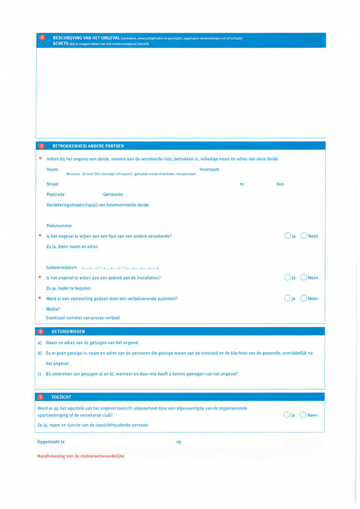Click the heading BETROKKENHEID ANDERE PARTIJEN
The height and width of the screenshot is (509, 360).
tap(88, 146)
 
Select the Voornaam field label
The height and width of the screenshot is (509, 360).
tap(209, 169)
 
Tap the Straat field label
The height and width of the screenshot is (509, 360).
tap(53, 184)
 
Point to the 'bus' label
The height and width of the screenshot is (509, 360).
tap(280, 184)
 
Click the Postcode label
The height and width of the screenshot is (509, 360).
tap(55, 194)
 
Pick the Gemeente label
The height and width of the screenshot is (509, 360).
tap(113, 194)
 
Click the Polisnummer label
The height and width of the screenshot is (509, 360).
tap(59, 225)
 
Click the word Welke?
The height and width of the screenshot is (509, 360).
tap(53, 309)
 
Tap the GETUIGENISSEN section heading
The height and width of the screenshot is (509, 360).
tap(68, 331)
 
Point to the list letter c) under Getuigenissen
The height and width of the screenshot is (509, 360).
tap(39, 374)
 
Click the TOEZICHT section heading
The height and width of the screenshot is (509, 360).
tap(61, 397)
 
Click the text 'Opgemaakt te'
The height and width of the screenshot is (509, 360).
tap(51, 442)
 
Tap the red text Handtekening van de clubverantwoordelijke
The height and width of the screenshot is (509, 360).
tap(81, 456)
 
